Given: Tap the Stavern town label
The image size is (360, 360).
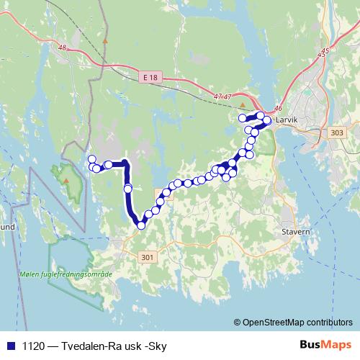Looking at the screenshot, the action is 296,233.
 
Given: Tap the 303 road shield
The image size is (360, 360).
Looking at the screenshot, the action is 335,132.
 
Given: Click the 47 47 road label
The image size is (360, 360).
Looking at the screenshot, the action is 222,96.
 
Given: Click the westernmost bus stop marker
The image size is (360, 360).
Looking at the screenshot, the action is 91,159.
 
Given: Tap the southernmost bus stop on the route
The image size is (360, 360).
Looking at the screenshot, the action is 141,225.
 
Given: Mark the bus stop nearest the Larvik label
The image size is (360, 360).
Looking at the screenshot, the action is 267,121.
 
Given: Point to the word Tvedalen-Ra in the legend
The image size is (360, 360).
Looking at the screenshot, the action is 88,346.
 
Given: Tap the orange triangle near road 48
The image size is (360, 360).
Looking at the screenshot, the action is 105,41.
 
